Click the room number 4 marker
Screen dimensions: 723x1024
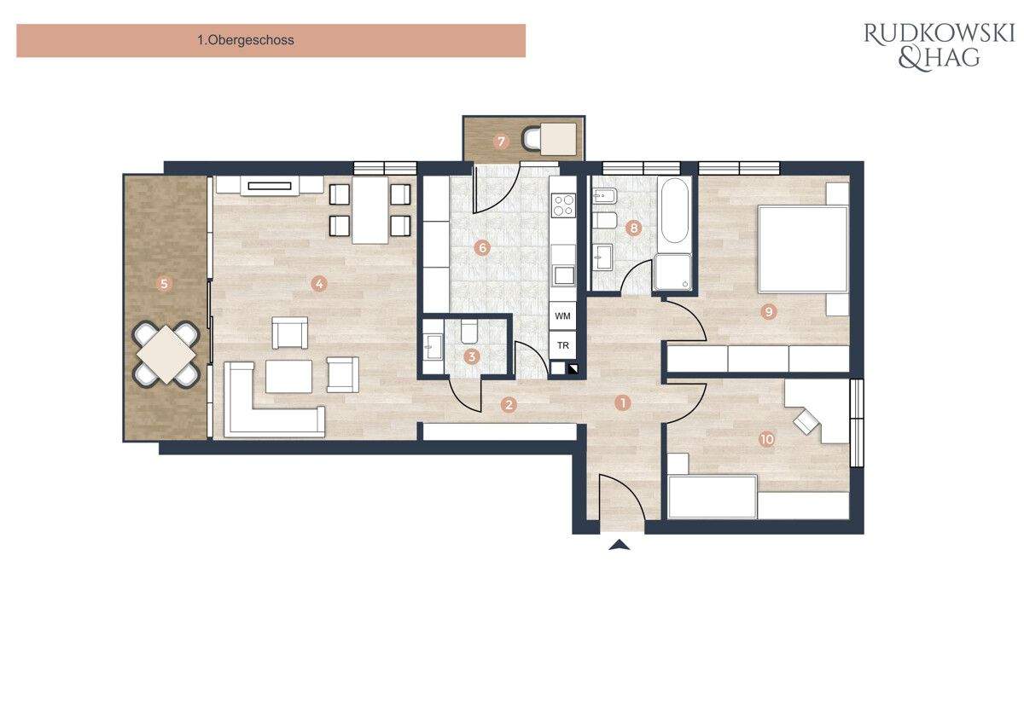click(319, 284)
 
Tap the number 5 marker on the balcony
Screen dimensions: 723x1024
click(164, 284)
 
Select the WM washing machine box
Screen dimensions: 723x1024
click(562, 316)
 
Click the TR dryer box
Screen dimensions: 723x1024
click(562, 345)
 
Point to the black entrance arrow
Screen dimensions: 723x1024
click(620, 545)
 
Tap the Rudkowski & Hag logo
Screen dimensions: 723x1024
click(938, 45)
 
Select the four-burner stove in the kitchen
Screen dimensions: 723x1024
click(564, 205)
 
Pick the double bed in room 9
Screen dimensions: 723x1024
click(803, 249)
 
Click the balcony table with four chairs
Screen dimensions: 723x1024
click(167, 353)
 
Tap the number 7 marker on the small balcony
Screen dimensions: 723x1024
click(501, 141)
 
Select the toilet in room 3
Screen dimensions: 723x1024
click(469, 333)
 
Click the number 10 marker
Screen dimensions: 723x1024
click(766, 439)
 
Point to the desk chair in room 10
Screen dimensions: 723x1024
click(805, 421)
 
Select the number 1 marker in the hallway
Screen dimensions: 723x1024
click(623, 402)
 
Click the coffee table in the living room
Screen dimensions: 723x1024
click(289, 376)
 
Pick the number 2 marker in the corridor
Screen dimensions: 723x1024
click(509, 405)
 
